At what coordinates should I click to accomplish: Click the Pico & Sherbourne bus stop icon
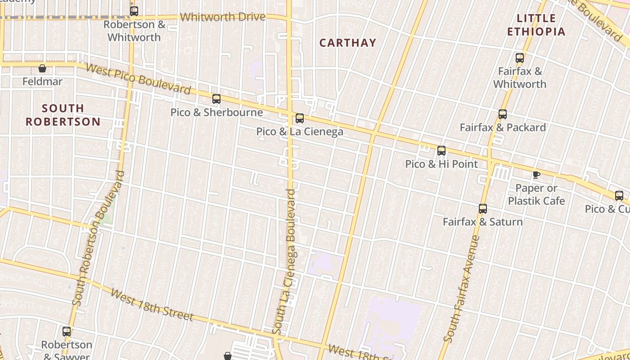coord(216,99)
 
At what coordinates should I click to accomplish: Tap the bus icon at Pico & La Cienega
coord(300,118)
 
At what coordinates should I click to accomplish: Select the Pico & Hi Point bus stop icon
coord(441,151)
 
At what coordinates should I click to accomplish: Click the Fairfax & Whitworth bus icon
coord(520,58)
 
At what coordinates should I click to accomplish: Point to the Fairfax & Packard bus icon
coord(503,114)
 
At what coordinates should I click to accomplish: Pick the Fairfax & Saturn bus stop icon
coord(483,209)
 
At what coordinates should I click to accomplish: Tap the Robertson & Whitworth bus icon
coord(134,11)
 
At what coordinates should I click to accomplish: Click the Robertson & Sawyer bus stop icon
coord(67,332)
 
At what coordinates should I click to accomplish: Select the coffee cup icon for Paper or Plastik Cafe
coord(536,175)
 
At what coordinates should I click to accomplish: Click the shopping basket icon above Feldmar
coord(42,68)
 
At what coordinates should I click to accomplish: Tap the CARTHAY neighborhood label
coord(347,43)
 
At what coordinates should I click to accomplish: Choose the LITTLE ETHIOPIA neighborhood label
coord(536,25)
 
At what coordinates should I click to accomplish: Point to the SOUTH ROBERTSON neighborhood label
coord(63,115)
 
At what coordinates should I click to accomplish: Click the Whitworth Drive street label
coord(223,17)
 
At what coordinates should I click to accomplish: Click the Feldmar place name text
coord(43,82)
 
